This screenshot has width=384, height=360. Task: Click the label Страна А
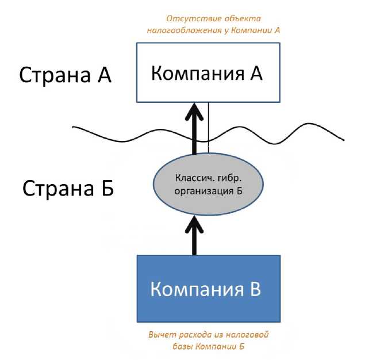(x=65, y=75)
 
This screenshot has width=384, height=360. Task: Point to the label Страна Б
(x=68, y=188)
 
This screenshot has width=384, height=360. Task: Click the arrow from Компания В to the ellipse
(x=195, y=236)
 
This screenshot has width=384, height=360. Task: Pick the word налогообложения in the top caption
(x=189, y=30)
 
